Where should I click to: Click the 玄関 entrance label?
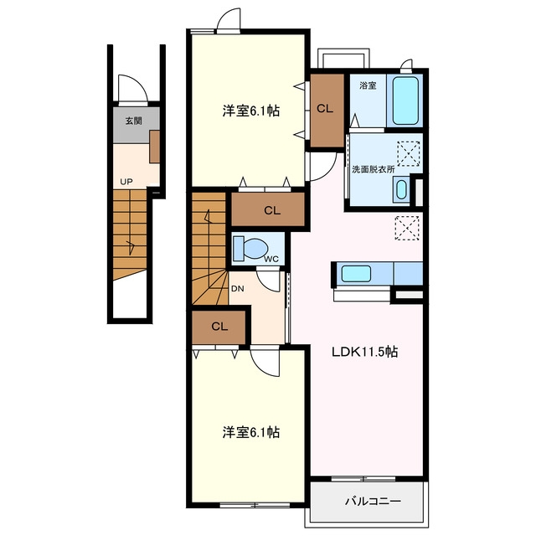point(133,121)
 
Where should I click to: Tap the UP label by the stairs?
point(126,182)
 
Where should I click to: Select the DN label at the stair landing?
point(238,288)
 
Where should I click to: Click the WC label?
point(271,259)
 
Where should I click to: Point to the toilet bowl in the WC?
point(252,248)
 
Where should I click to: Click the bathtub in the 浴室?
point(405,100)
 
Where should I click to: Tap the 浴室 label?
point(368,85)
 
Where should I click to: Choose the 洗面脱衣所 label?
point(374,169)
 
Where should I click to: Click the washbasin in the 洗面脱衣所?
point(401,189)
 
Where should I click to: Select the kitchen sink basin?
point(356,274)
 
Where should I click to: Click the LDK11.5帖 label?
point(365,352)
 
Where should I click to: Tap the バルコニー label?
point(373,502)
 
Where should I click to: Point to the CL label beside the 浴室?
point(325,109)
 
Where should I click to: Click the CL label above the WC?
point(272,210)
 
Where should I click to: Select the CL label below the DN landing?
point(219,327)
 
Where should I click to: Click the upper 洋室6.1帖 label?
point(251,111)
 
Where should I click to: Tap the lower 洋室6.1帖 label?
point(251,432)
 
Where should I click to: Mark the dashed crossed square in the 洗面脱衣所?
point(409,153)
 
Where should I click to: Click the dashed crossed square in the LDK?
point(407,228)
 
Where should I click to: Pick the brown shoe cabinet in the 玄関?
point(154,147)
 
